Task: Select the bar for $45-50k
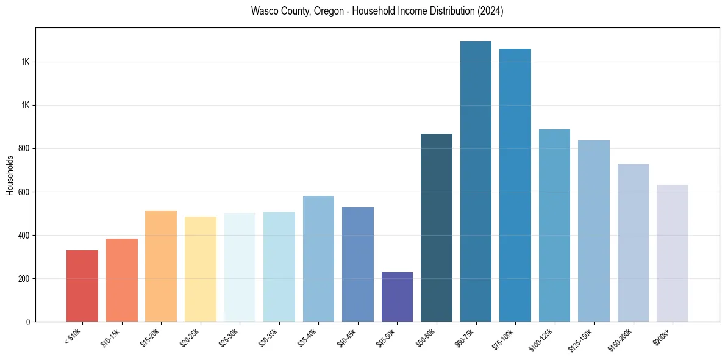pos(397,297)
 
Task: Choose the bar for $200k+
pos(672,253)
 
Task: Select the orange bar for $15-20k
pos(161,266)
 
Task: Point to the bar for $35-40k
pos(318,259)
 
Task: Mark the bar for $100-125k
pos(554,225)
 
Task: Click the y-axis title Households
pos(10,175)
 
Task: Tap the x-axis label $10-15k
pos(110,337)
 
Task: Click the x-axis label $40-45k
pos(346,337)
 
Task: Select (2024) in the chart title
pos(490,12)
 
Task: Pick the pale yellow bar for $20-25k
pos(201,269)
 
